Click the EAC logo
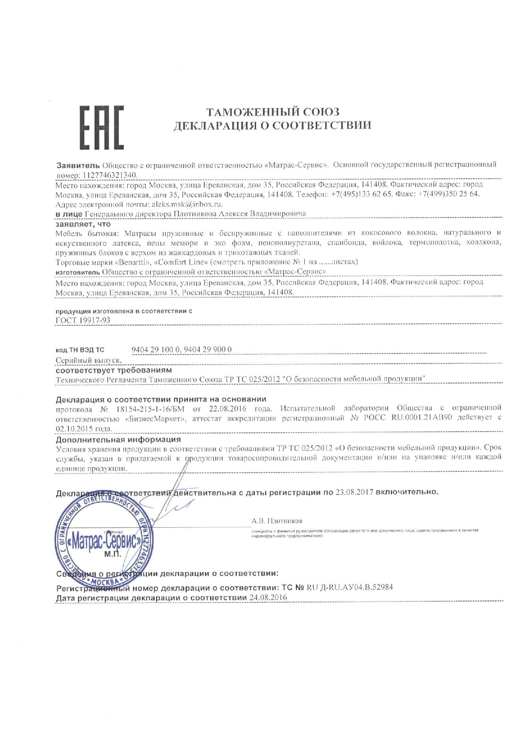pos(101,127)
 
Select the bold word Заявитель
pos(78,165)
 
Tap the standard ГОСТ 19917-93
pos(83,320)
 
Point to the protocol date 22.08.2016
pos(228,408)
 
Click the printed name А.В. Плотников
pos(277,521)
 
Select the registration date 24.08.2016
pos(268,597)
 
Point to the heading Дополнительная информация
pos(118,440)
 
